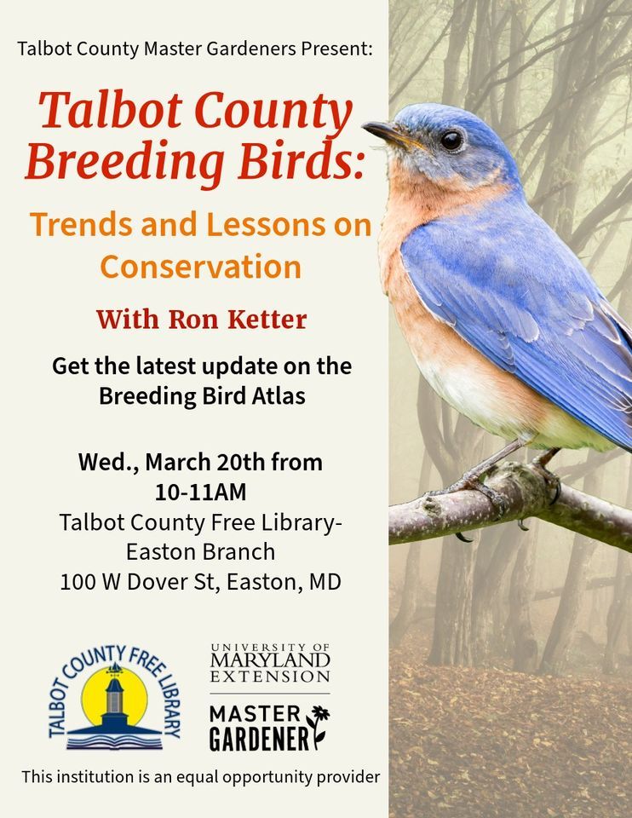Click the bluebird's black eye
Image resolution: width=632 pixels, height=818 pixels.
coord(451,140)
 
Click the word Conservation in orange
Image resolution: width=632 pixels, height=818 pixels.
coord(201,267)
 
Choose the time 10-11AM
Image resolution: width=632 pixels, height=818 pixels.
coord(200,492)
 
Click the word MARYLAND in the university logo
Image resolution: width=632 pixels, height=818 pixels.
coord(270,660)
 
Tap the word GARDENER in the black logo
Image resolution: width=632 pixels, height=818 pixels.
coord(260,739)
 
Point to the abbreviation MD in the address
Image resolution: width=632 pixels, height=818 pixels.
coord(326,583)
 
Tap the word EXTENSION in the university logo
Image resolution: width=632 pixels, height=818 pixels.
coord(270,677)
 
